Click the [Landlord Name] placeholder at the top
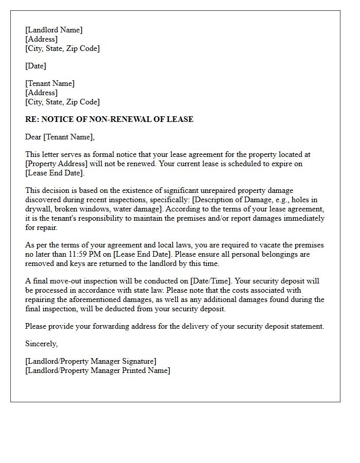pyautogui.click(x=53, y=30)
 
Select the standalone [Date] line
pyautogui.click(x=35, y=66)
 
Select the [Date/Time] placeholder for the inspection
pyautogui.click(x=212, y=281)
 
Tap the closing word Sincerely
pyautogui.click(x=41, y=344)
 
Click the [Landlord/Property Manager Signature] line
pyautogui.click(x=91, y=361)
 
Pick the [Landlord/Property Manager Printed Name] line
pyautogui.click(x=97, y=370)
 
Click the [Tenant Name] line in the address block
pyautogui.click(x=50, y=83)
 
